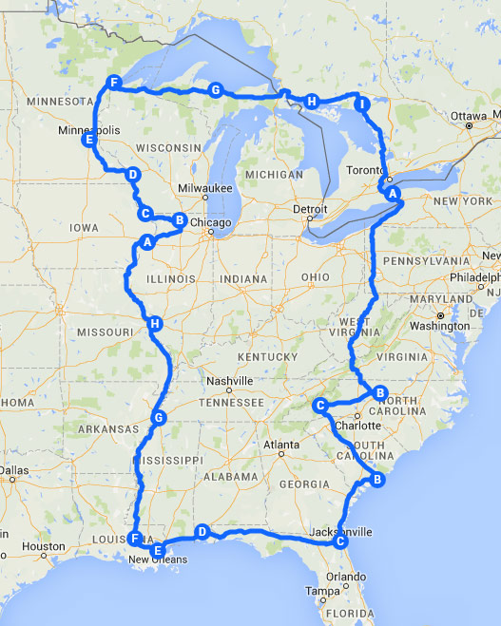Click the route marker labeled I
(x=361, y=104)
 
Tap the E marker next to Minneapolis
(x=88, y=141)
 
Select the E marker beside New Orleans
(x=158, y=548)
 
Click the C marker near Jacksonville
(x=339, y=541)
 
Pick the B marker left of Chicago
(x=178, y=220)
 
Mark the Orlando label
(x=348, y=575)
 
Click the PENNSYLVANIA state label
(x=434, y=260)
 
